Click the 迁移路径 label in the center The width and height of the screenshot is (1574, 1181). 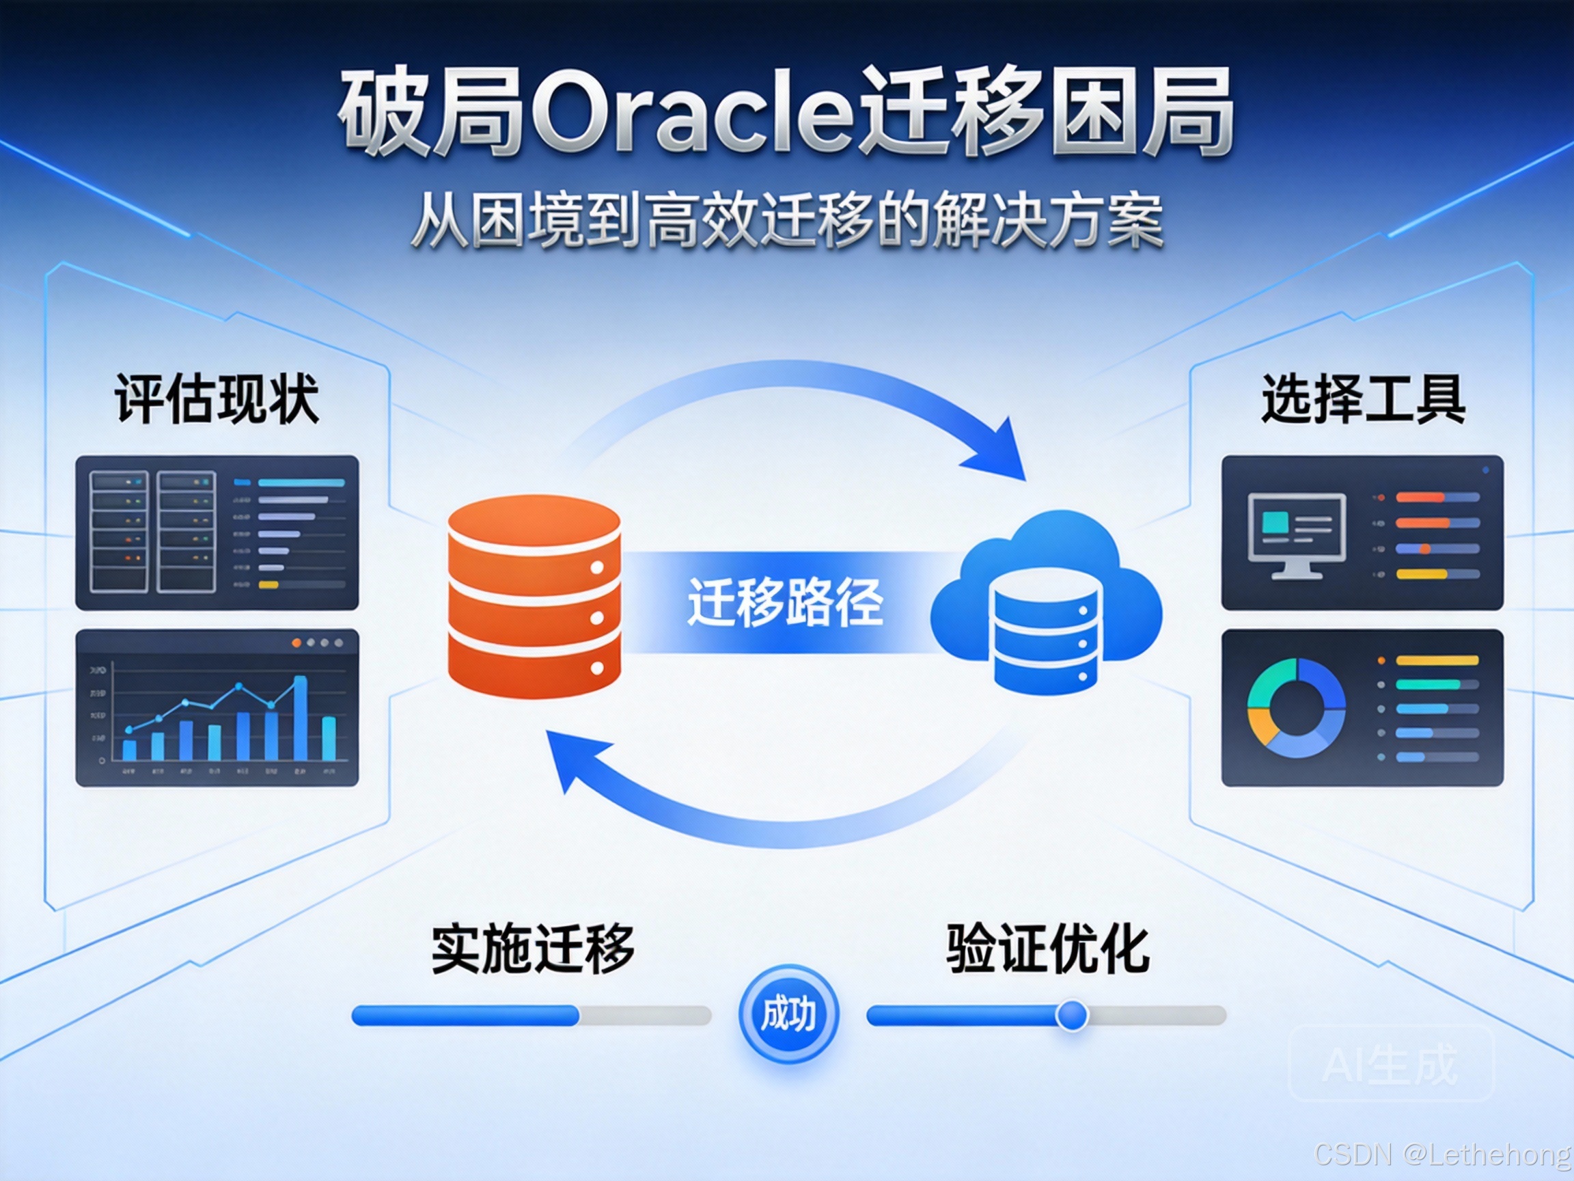[x=785, y=602]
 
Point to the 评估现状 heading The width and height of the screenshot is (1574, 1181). [x=217, y=398]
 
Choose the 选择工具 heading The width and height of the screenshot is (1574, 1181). [x=1363, y=398]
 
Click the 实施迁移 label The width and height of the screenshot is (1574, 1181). [x=532, y=949]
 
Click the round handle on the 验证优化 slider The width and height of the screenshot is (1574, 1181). [x=1072, y=1015]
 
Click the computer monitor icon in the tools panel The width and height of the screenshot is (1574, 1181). [x=1297, y=534]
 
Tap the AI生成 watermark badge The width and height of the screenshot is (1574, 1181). [x=1391, y=1063]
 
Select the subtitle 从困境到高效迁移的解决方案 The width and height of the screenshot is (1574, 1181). [x=786, y=221]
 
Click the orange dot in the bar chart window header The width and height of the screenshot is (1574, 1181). [x=296, y=643]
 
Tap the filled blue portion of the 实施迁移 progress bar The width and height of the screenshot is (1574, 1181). [x=465, y=1015]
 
